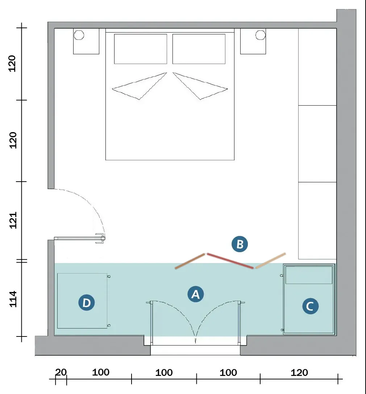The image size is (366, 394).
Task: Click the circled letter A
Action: pyautogui.click(x=196, y=294)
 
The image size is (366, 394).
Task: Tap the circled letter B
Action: pyautogui.click(x=240, y=244)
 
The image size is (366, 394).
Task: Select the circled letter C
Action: pyautogui.click(x=310, y=306)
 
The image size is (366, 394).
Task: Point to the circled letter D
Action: pyautogui.click(x=87, y=302)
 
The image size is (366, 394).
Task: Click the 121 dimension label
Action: pyautogui.click(x=13, y=220)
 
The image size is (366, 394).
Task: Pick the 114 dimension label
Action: pyautogui.click(x=13, y=299)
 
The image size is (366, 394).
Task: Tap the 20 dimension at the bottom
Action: pyautogui.click(x=61, y=372)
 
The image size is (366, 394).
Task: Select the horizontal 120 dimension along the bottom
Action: pyautogui.click(x=299, y=372)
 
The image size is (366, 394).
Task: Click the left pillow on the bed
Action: pyautogui.click(x=141, y=49)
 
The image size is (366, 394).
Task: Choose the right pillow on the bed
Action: pyautogui.click(x=199, y=49)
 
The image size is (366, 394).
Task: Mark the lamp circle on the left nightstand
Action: pyautogui.click(x=79, y=35)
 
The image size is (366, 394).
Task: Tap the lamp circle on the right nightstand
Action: pyautogui.click(x=261, y=35)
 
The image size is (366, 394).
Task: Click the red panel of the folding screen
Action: pyautogui.click(x=230, y=261)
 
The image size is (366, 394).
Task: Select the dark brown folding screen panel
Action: pyautogui.click(x=190, y=261)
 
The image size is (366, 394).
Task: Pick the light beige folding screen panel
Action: pyautogui.click(x=271, y=260)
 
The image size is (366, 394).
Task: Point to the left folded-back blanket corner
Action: pyautogui.click(x=140, y=86)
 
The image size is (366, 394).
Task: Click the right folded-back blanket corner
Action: pyautogui.click(x=200, y=86)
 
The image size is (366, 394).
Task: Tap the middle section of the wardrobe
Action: pyautogui.click(x=317, y=144)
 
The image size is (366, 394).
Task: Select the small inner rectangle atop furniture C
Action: pyautogui.click(x=309, y=275)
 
